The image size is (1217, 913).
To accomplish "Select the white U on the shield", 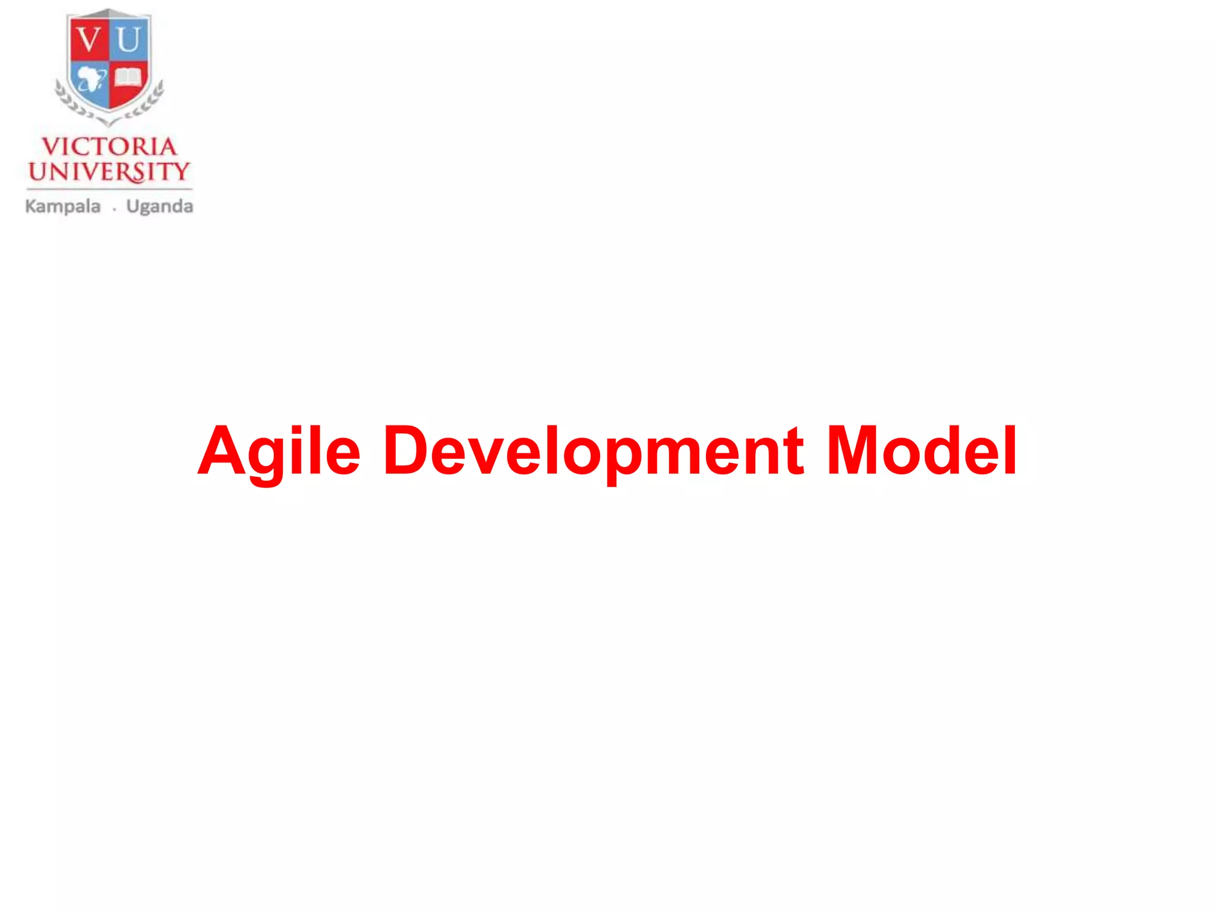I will (x=128, y=40).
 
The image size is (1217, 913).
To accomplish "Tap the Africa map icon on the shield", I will (x=91, y=79).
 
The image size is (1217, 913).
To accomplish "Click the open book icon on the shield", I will (x=128, y=78).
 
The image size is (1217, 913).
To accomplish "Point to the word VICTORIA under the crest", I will (x=109, y=147).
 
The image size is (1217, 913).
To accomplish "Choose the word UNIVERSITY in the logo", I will (x=109, y=172).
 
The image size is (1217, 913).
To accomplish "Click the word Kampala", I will (x=63, y=207).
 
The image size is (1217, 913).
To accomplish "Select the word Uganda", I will (x=159, y=207).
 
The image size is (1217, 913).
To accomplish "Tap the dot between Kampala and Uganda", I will (x=114, y=209).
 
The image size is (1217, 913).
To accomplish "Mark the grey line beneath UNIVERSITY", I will (x=109, y=189).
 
